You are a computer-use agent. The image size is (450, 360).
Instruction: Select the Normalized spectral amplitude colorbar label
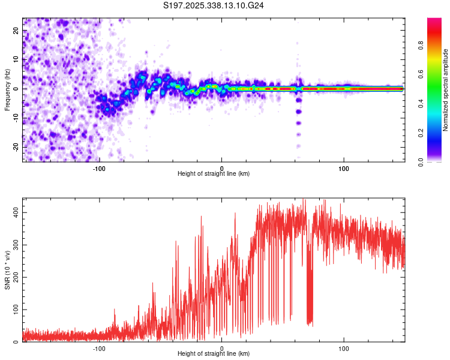(445, 90)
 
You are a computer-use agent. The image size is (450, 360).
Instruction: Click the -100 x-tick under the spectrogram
(100, 167)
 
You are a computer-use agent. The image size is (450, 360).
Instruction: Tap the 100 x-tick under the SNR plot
(344, 347)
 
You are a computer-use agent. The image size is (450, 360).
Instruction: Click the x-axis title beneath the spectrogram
(214, 173)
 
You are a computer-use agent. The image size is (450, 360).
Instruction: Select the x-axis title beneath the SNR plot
(214, 354)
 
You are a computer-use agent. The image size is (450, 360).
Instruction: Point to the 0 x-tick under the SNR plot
(221, 347)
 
